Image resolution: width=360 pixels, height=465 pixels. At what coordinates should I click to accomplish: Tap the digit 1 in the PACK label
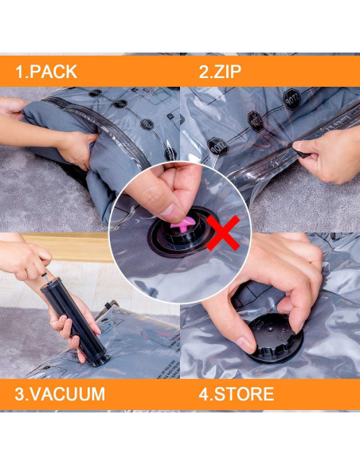(x=19, y=72)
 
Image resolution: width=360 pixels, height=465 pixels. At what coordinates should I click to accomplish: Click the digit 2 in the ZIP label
(x=203, y=72)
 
